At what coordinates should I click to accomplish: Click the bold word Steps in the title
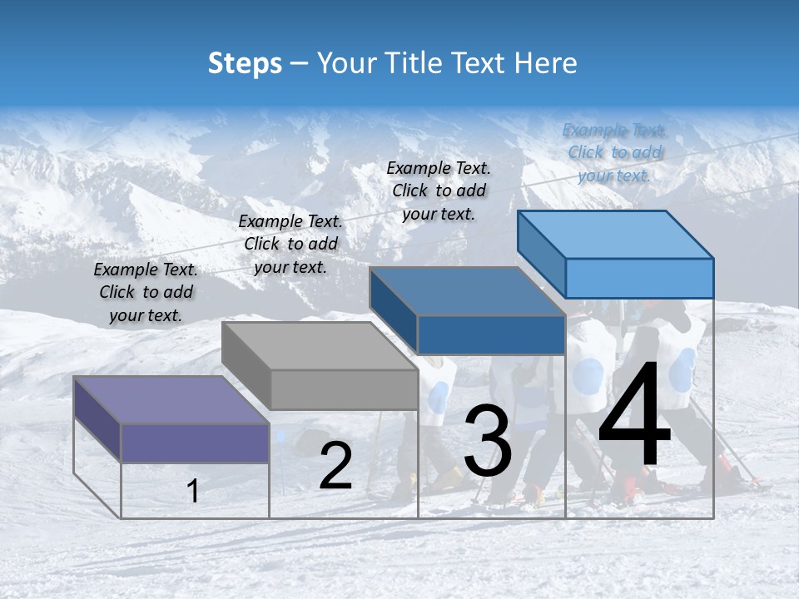pyautogui.click(x=245, y=63)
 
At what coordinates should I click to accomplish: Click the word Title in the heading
pyautogui.click(x=414, y=63)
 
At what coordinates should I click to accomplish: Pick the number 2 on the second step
pyautogui.click(x=335, y=466)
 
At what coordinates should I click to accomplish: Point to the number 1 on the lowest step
pyautogui.click(x=193, y=491)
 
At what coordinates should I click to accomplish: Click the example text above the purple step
pyautogui.click(x=146, y=292)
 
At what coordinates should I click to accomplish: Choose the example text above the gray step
pyautogui.click(x=290, y=244)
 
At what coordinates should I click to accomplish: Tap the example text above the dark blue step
pyautogui.click(x=439, y=191)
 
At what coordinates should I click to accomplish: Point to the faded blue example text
pyautogui.click(x=614, y=152)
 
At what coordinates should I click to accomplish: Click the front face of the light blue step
pyautogui.click(x=639, y=278)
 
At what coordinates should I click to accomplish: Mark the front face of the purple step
pyautogui.click(x=195, y=443)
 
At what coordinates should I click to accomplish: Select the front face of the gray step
pyautogui.click(x=344, y=389)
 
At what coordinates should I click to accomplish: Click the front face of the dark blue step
pyautogui.click(x=491, y=334)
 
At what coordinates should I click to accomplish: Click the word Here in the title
pyautogui.click(x=545, y=63)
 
